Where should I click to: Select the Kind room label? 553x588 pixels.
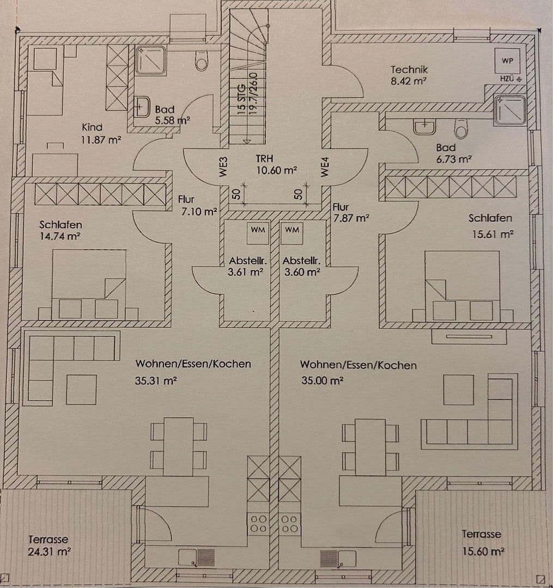(92, 127)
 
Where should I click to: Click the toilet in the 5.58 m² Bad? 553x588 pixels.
(202, 62)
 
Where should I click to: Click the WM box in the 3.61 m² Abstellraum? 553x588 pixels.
(258, 230)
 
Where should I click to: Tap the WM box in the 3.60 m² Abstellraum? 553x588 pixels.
(292, 230)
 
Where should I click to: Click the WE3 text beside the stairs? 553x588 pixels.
(222, 166)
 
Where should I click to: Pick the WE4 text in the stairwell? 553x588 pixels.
(325, 166)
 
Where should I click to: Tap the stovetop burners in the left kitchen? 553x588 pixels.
(258, 523)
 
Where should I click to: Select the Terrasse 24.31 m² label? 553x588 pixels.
(48, 545)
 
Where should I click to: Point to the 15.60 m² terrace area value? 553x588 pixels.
(483, 551)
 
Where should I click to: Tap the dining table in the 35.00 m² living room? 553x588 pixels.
(370, 446)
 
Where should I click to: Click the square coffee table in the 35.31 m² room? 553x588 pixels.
(81, 389)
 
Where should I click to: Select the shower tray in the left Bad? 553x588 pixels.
(150, 60)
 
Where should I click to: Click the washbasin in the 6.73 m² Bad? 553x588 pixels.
(424, 127)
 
